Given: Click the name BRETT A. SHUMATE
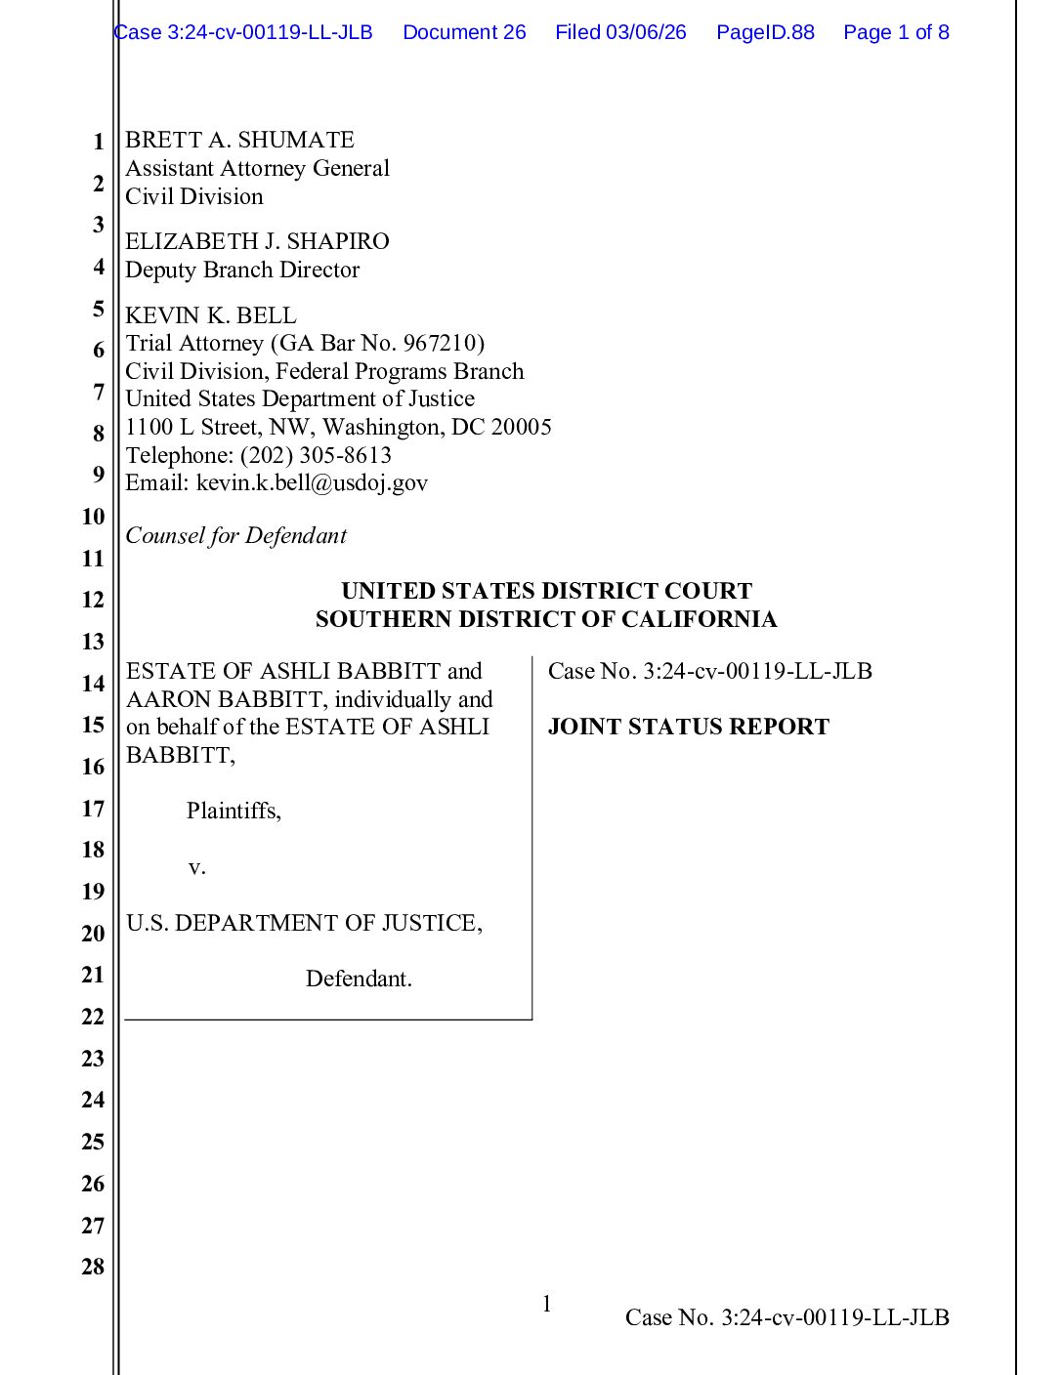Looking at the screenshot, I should [239, 140].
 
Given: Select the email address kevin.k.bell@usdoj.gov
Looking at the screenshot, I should [312, 482].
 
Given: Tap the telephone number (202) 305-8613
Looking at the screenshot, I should [316, 455].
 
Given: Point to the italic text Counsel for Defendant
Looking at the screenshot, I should [235, 535].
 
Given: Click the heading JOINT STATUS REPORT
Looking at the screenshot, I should [688, 727].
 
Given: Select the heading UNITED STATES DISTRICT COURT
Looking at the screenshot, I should [546, 591].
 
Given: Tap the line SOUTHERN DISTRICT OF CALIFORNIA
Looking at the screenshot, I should [546, 619].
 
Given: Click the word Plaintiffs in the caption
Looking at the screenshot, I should [233, 811].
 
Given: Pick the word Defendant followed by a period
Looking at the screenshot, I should [359, 979].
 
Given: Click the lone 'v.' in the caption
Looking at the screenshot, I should [196, 866].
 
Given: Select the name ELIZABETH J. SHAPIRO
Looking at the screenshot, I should [257, 241].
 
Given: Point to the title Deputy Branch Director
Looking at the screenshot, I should [242, 270].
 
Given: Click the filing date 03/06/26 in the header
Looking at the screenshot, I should [646, 32].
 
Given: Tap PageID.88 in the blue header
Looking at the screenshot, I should [765, 32].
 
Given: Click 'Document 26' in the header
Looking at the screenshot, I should [464, 32].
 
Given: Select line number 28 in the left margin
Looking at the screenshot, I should [93, 1267].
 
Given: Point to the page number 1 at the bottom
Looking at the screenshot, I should [547, 1304].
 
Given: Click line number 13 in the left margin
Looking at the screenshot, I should [93, 642].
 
